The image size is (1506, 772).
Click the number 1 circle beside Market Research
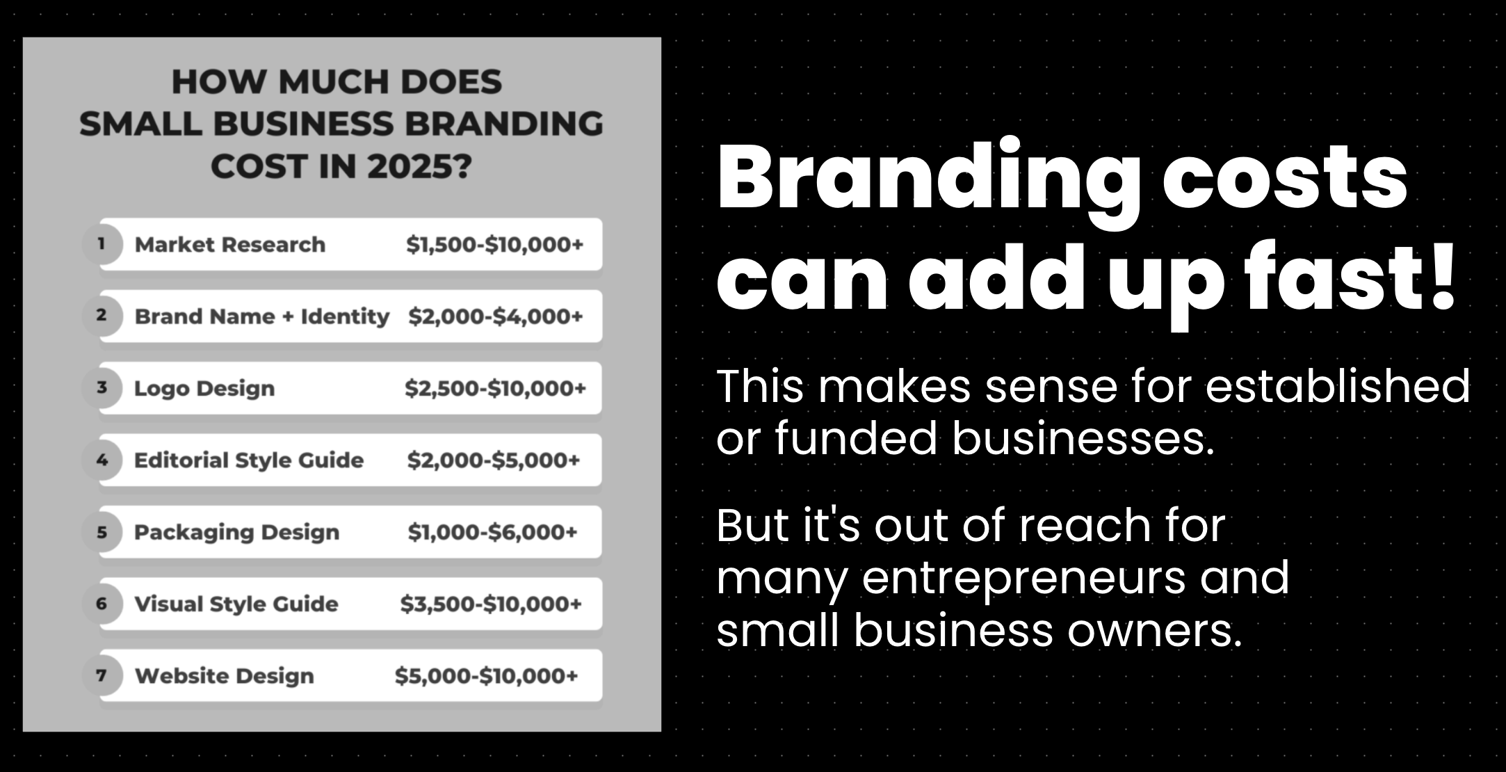pos(102,244)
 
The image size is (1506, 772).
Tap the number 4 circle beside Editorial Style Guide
pos(102,460)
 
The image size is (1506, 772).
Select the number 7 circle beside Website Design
pos(102,675)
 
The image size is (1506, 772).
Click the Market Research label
pos(230,245)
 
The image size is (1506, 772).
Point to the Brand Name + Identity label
pos(262,316)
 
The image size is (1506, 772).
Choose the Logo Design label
pos(204,389)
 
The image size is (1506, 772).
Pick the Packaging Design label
pos(237,533)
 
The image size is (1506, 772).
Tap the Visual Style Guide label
pos(236,604)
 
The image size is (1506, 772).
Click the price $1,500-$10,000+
pos(495,245)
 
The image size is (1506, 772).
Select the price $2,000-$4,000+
pos(496,316)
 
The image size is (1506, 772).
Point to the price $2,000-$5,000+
pos(494,460)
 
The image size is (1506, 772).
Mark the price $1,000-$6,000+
pos(493,532)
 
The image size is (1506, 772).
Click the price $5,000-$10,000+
pos(487,676)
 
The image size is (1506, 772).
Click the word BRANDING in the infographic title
pos(504,124)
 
